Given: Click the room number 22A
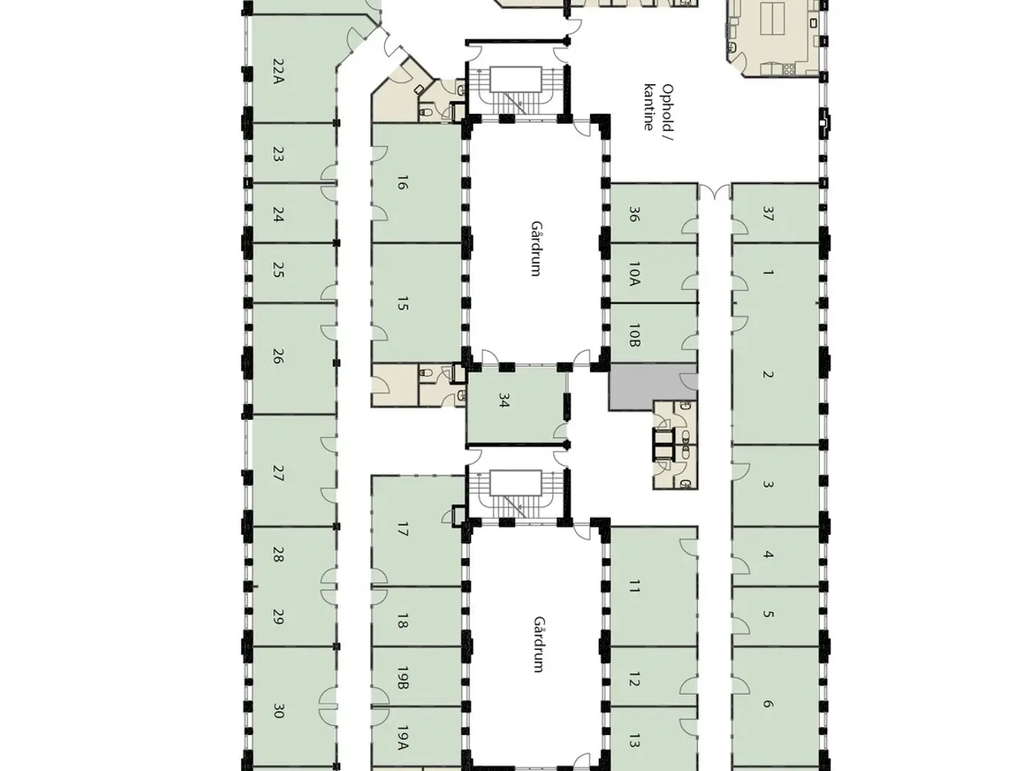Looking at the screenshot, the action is (278, 71).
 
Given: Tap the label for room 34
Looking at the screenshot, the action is (503, 401).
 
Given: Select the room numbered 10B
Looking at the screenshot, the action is (633, 335).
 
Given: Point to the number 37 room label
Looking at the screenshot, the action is (768, 214).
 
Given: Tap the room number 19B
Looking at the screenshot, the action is (403, 677).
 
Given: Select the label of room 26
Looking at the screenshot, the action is (278, 357).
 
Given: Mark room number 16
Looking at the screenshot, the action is (403, 182).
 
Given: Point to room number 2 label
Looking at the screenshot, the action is (768, 374).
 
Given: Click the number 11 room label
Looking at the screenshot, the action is (633, 585).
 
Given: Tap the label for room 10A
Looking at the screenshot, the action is (633, 274).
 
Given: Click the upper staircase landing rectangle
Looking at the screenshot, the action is (516, 80).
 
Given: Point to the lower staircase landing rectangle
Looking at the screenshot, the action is (515, 483).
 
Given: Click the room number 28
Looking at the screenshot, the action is (278, 554).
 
